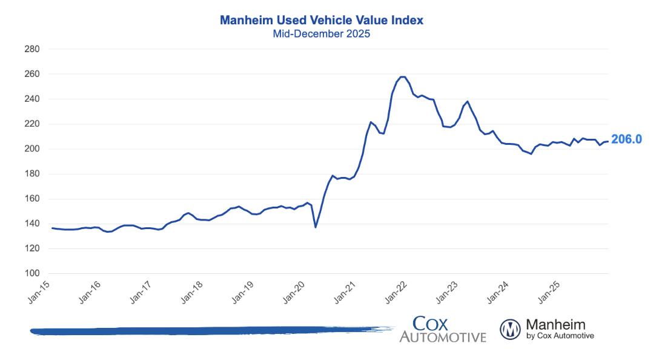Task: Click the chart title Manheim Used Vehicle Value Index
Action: tap(321, 20)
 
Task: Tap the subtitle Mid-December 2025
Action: tap(321, 34)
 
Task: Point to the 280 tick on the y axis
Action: tap(32, 49)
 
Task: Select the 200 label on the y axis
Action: tap(32, 149)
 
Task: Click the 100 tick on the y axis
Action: tap(32, 273)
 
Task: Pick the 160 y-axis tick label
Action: tap(32, 199)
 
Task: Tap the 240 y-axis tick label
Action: tap(32, 99)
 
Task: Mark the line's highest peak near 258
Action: tap(402, 77)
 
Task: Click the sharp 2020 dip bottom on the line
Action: tap(316, 227)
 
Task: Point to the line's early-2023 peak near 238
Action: tap(468, 101)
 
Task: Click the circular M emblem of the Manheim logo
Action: tap(510, 329)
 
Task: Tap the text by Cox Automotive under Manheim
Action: tap(560, 336)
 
